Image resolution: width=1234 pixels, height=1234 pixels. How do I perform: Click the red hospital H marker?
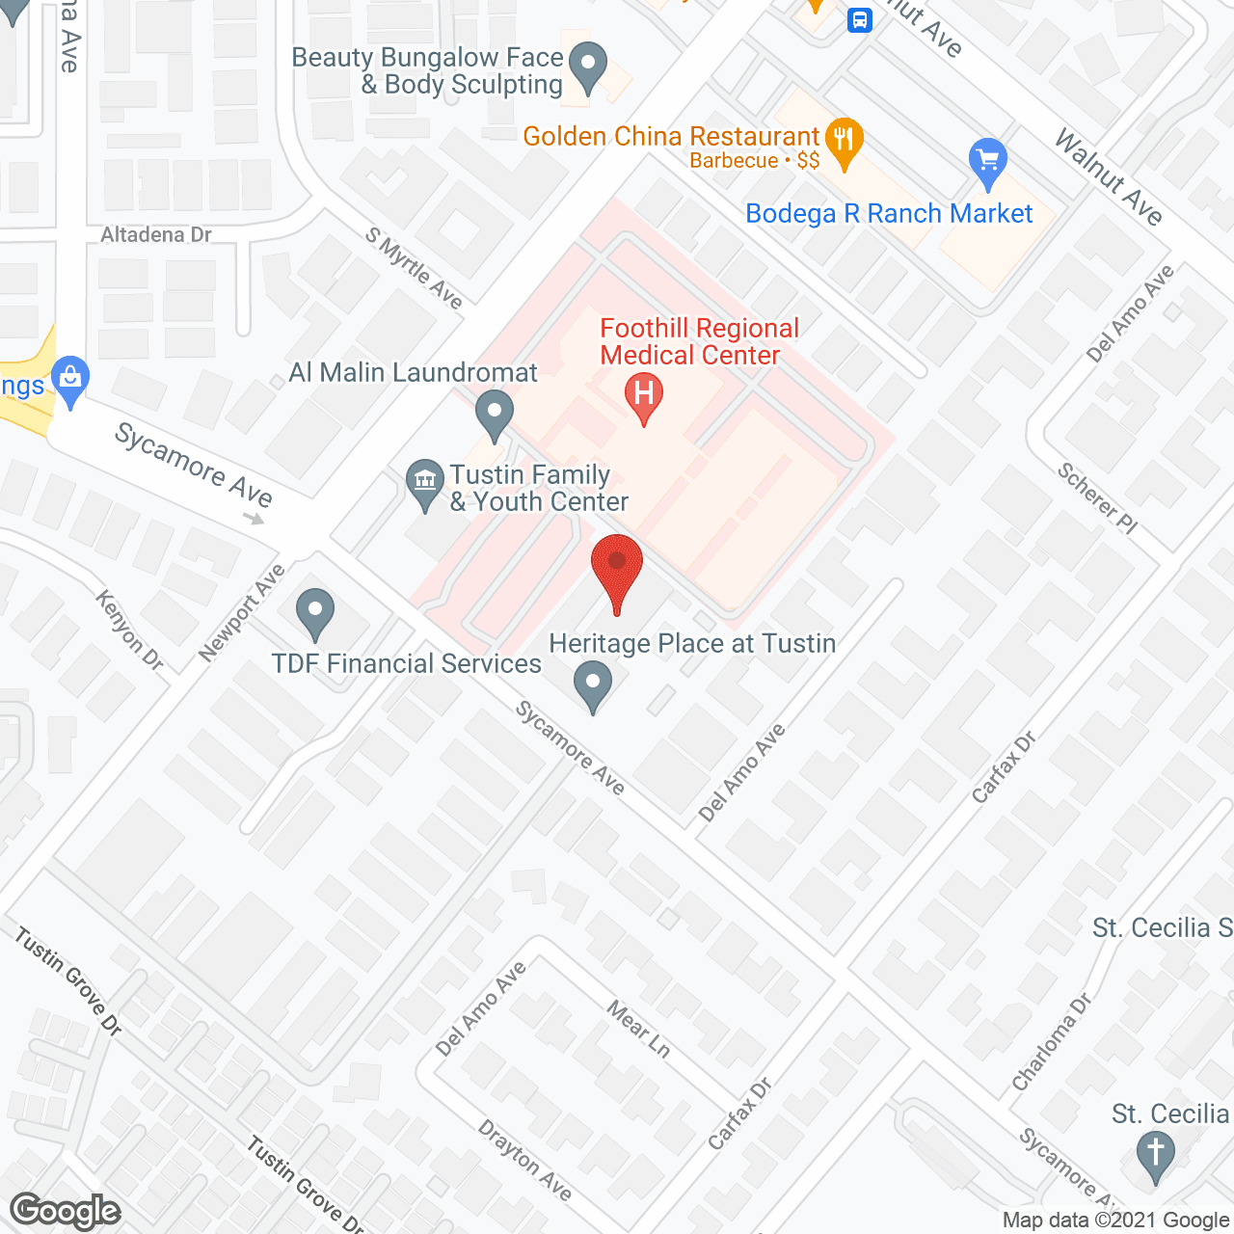644,395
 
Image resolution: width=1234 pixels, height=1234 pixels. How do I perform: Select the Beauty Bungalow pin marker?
587,67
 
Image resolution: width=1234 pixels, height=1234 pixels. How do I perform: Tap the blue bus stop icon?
860,20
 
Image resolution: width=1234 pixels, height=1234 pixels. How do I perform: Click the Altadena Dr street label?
156,235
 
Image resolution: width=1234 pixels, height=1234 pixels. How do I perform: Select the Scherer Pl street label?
1097,497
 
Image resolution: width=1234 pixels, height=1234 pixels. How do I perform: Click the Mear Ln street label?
638,1029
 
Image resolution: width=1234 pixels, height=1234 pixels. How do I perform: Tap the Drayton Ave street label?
525,1160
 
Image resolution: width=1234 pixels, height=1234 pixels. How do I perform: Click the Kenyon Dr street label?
129,629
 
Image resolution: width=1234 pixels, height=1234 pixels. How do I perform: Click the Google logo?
66,1211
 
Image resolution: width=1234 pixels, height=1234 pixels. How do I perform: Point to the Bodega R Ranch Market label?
889,214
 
